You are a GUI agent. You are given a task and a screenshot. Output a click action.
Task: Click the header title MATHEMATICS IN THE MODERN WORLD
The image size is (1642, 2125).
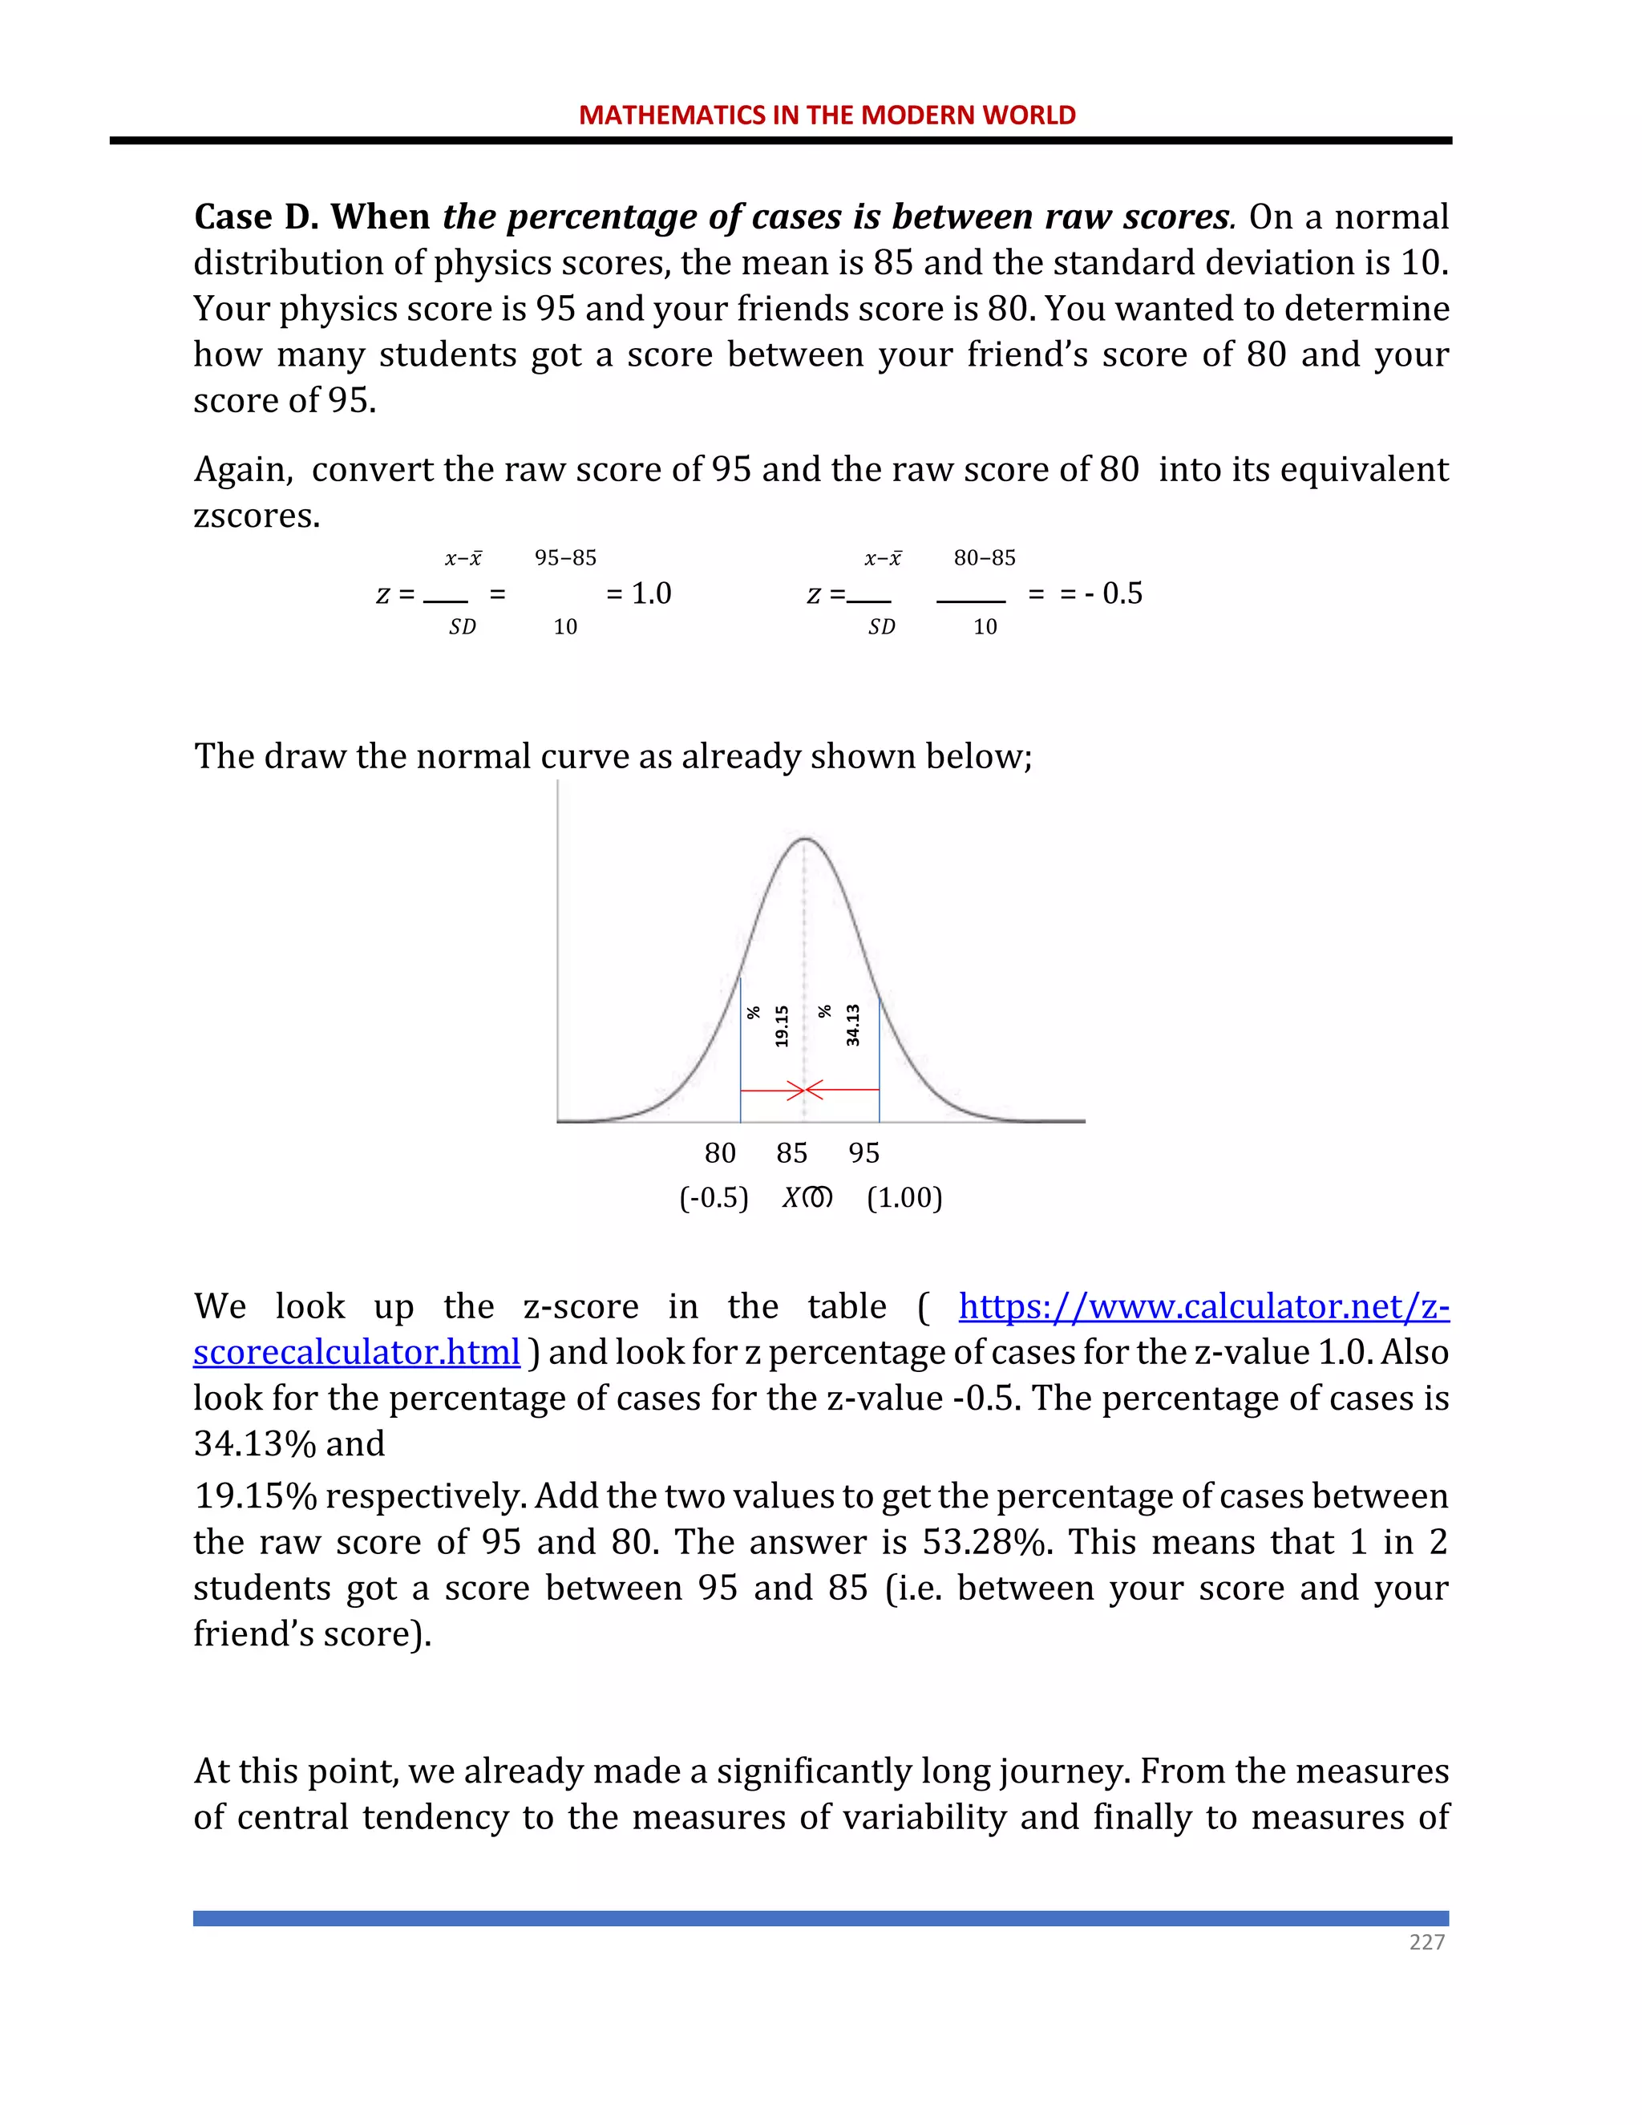point(827,115)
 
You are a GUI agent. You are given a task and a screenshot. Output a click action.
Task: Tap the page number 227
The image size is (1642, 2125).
point(1426,1961)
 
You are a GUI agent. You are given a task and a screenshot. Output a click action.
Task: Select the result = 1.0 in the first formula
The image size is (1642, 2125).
point(638,593)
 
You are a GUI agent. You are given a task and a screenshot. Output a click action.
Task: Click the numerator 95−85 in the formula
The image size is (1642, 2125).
point(565,557)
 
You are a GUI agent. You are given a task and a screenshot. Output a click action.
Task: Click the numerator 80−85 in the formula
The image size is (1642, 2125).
point(985,557)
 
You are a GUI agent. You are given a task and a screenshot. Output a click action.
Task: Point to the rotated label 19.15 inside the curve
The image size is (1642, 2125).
point(781,1026)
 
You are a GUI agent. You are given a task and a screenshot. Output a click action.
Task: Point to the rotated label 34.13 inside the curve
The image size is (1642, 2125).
point(853,1026)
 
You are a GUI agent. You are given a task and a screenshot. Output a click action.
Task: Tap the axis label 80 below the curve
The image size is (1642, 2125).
point(720,1153)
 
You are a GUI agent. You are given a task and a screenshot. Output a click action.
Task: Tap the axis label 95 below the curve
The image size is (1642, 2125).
point(863,1153)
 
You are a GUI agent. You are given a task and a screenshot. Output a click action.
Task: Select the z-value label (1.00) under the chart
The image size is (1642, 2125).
point(904,1198)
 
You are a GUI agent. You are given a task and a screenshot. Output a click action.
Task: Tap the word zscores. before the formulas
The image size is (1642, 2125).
point(257,516)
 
